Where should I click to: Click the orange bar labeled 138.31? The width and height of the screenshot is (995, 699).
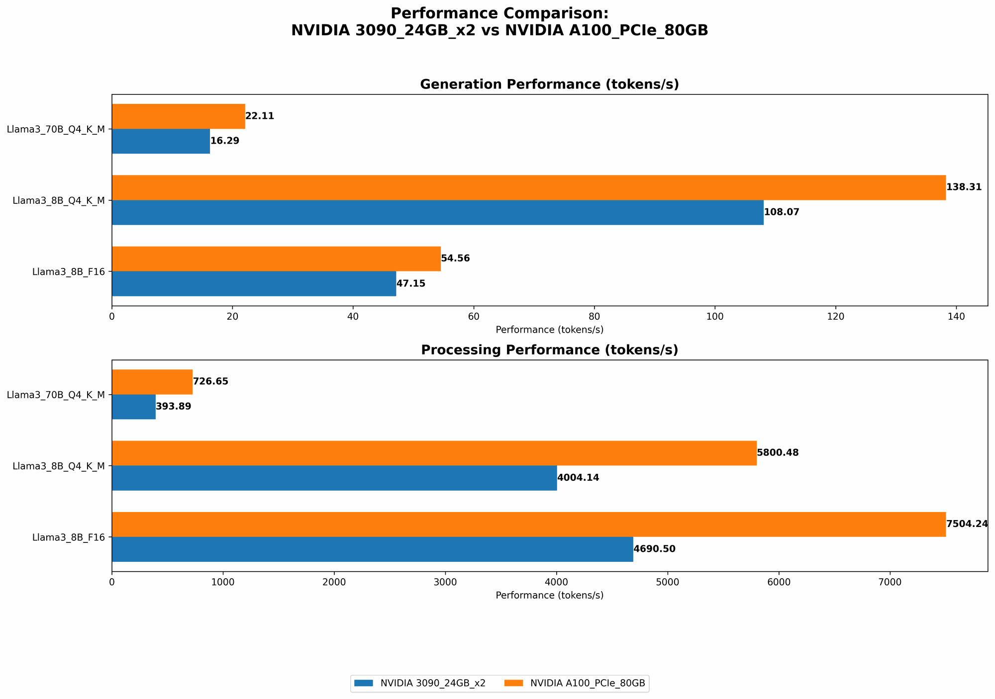528,187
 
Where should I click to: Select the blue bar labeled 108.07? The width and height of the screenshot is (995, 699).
437,212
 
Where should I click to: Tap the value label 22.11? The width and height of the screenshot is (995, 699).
260,116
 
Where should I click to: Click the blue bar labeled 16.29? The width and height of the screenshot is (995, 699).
161,141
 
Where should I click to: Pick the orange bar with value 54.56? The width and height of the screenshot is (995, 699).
276,259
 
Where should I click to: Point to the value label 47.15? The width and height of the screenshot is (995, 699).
410,284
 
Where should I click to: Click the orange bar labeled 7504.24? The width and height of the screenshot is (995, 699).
528,524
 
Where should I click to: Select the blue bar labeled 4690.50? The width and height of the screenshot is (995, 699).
372,549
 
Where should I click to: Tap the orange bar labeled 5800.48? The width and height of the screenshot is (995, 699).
434,453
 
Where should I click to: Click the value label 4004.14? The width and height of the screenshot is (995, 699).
578,478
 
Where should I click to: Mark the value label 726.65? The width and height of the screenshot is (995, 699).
210,382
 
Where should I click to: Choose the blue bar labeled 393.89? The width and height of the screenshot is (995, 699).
133,407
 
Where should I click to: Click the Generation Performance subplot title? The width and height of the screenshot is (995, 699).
549,85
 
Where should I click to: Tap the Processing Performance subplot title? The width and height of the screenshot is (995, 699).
549,350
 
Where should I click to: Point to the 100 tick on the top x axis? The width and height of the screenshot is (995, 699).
715,316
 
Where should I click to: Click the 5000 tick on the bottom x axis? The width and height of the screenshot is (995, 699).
668,582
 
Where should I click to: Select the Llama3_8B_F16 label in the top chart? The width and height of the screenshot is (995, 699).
68,272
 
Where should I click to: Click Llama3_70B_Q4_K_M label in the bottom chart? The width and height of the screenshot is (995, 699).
56,395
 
